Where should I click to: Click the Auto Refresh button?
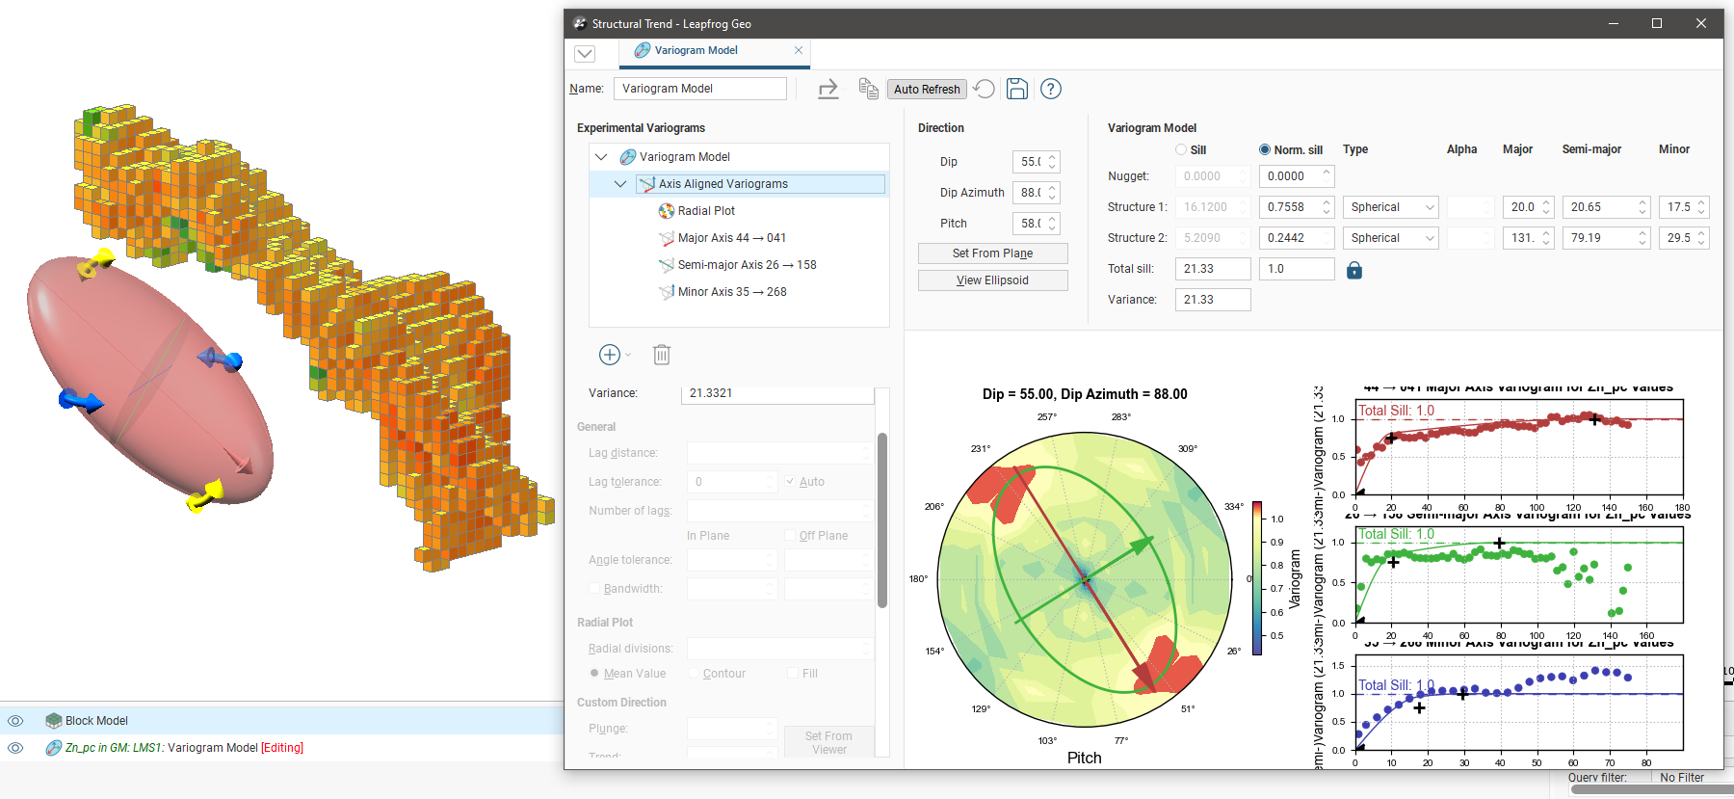[927, 90]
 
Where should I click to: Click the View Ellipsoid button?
[992, 280]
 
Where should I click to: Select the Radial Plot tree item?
[705, 211]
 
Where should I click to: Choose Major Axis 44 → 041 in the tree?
[731, 238]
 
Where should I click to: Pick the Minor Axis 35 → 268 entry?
[731, 292]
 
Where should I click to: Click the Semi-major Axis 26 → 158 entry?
[746, 265]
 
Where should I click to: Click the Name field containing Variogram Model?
[699, 89]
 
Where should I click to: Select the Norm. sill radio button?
[1265, 150]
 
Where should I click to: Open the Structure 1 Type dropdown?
[1391, 207]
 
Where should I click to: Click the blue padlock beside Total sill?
[1354, 270]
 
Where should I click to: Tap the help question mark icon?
[1051, 90]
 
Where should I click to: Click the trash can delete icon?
[662, 355]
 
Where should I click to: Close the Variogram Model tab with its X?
[799, 50]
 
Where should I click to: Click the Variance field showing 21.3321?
[776, 393]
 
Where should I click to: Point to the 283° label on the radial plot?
[1120, 417]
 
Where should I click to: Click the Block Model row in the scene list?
[96, 721]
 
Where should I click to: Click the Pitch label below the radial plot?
[1084, 758]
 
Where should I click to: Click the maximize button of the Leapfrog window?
[1657, 24]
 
